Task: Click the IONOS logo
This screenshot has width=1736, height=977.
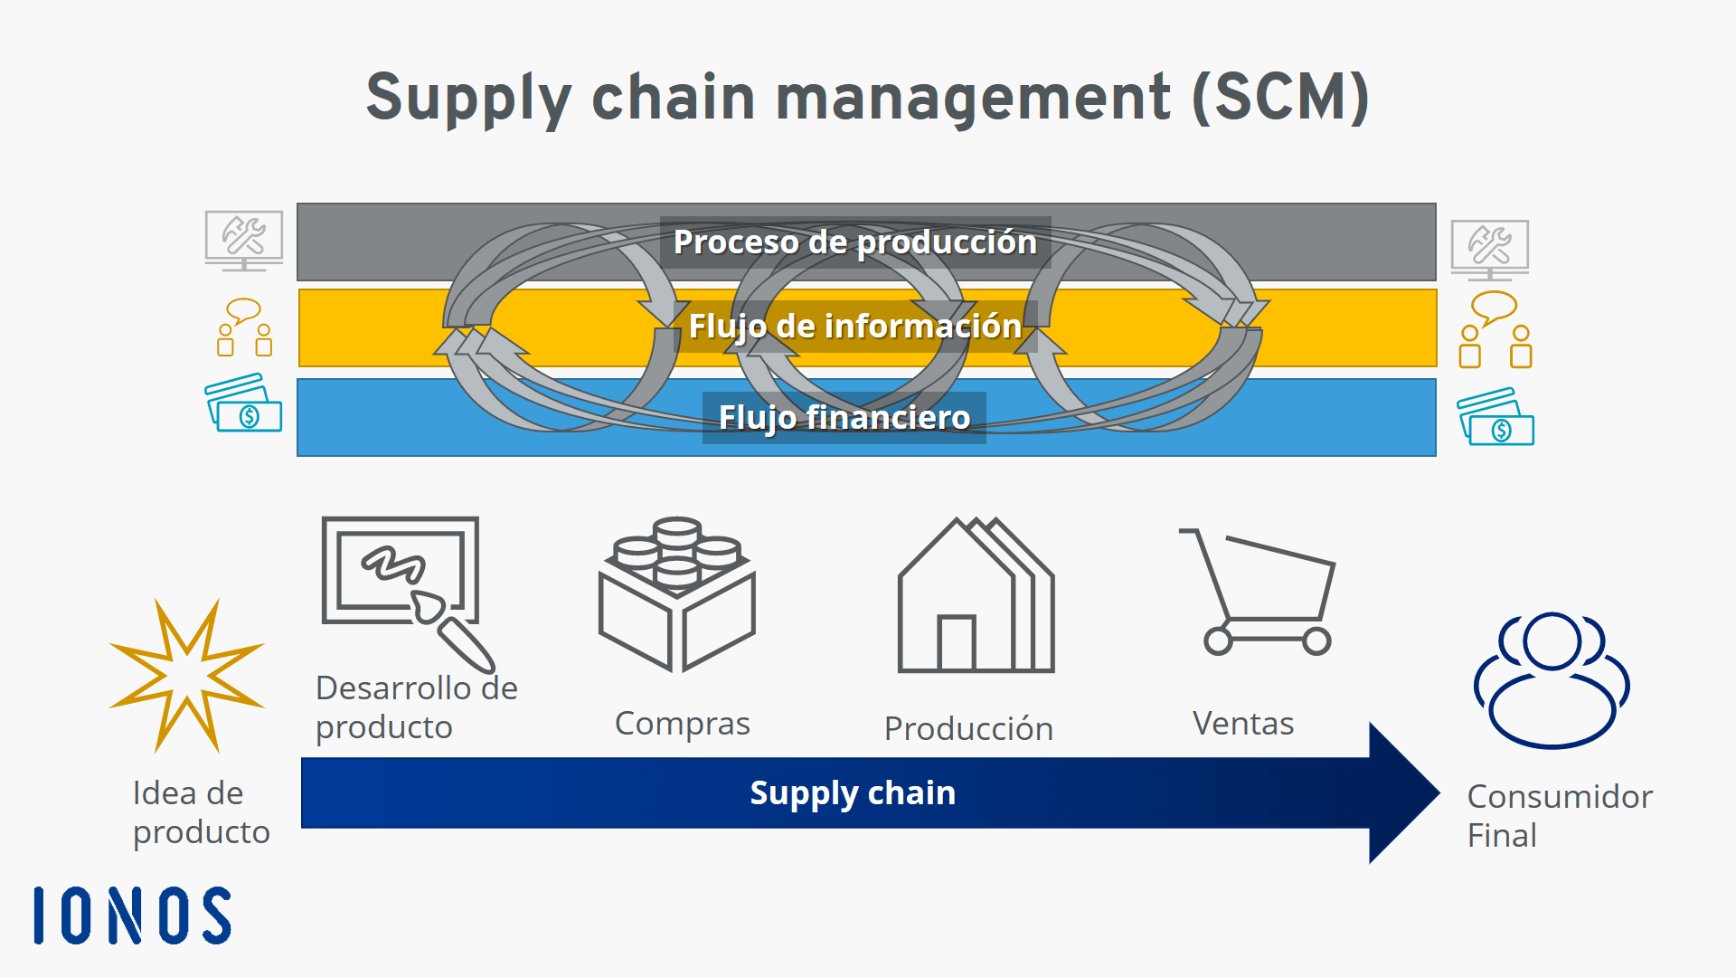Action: click(133, 915)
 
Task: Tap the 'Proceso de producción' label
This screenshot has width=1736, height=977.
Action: click(854, 242)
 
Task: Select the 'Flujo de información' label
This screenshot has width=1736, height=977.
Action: click(854, 327)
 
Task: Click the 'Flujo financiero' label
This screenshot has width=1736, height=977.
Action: click(844, 418)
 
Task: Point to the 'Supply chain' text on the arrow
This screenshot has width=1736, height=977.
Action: click(853, 793)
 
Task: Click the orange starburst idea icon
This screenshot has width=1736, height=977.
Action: click(187, 675)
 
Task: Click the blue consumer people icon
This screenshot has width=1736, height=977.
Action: click(1552, 680)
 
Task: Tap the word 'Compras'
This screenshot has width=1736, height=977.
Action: click(683, 724)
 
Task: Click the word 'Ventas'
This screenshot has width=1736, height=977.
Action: click(1243, 724)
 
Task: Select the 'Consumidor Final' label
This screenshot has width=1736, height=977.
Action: click(1559, 816)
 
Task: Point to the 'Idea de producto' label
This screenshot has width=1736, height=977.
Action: click(201, 812)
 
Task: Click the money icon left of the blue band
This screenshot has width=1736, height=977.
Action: click(243, 403)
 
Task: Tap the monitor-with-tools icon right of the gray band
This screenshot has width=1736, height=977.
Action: click(1489, 249)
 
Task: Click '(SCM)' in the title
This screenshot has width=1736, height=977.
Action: click(1279, 98)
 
